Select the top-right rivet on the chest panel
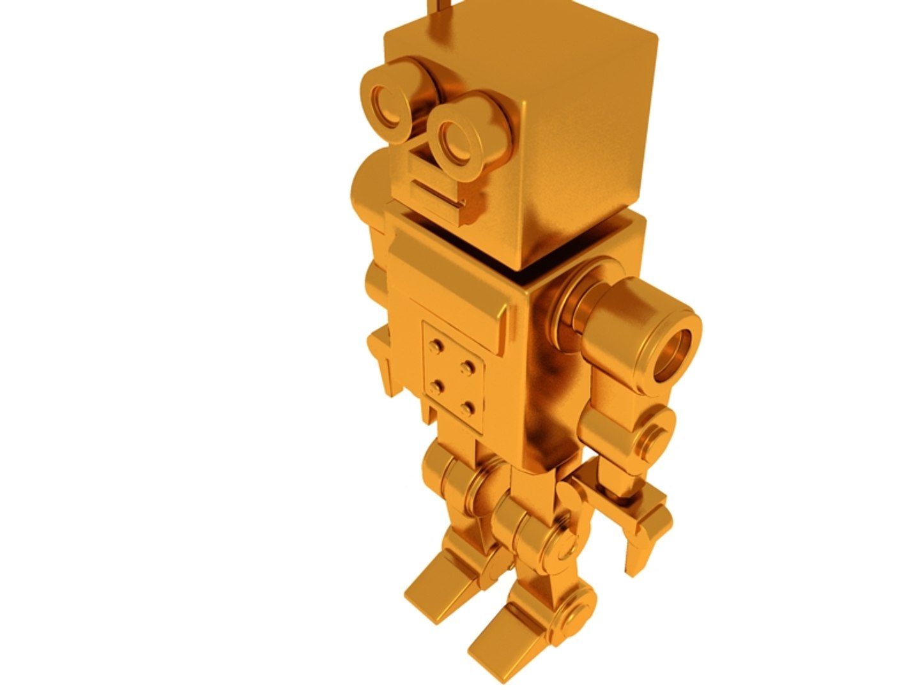coord(469,367)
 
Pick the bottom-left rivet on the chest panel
coord(438,385)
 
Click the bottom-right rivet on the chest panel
coord(470,406)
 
